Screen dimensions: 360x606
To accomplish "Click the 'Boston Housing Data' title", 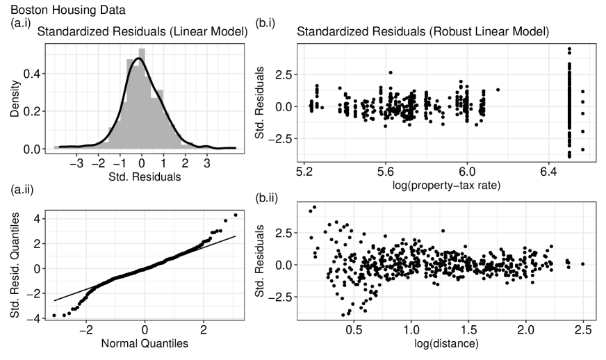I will tap(54, 10).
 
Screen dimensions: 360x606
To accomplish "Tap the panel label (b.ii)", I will tap(268, 197).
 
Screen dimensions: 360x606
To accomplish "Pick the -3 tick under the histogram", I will tap(78, 162).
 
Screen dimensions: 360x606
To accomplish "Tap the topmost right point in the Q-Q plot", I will tap(236, 215).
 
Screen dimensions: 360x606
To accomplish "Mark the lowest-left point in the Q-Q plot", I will tap(54, 316).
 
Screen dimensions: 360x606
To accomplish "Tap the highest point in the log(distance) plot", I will tap(314, 207).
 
